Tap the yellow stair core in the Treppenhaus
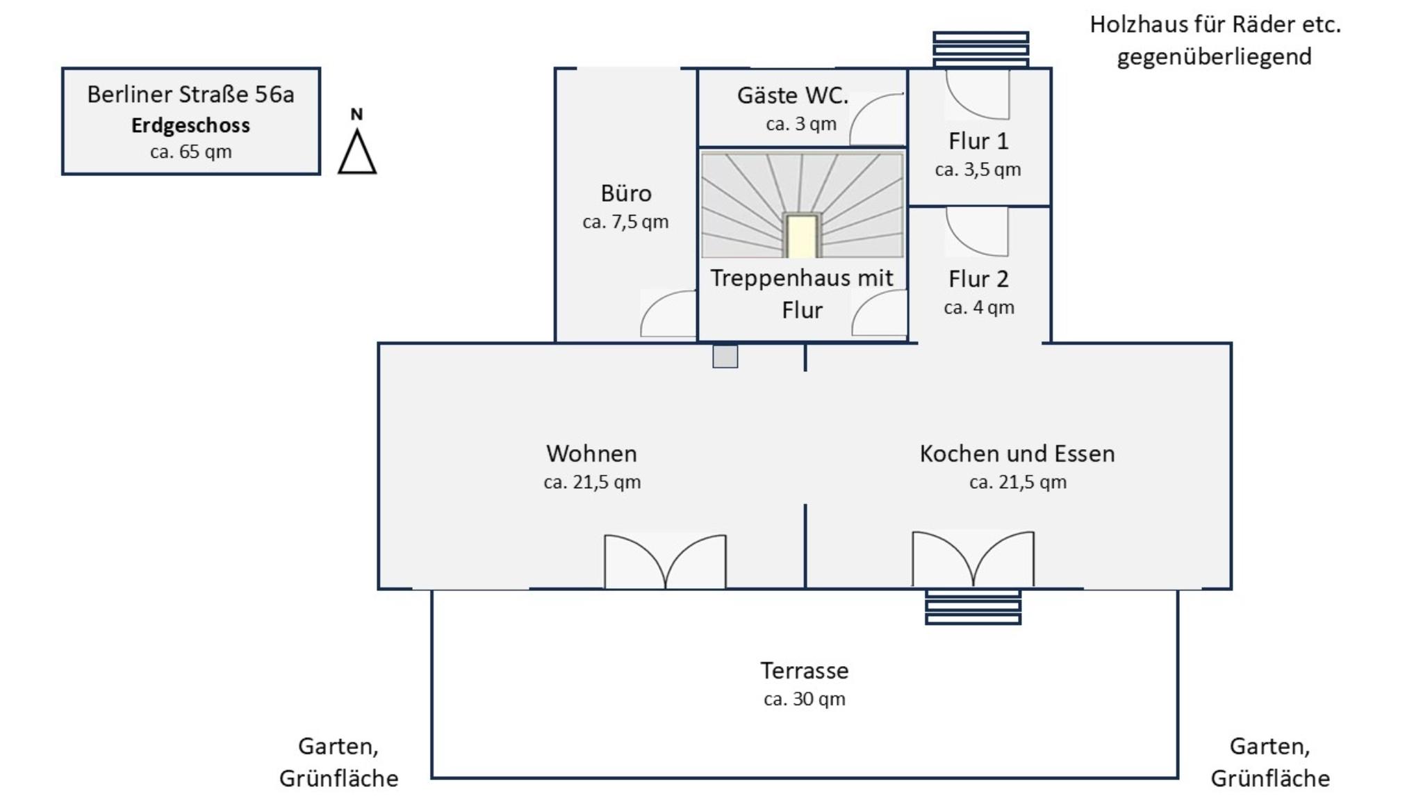point(802,236)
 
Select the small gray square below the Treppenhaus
point(725,357)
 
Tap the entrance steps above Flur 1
point(980,49)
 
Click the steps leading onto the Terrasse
point(973,607)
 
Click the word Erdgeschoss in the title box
point(190,126)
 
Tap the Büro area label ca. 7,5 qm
point(625,222)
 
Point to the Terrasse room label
point(804,670)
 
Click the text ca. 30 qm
point(804,699)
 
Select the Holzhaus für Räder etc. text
point(1215,25)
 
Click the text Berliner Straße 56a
point(190,95)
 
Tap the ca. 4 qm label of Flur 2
point(978,308)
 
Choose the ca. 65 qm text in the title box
point(190,152)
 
